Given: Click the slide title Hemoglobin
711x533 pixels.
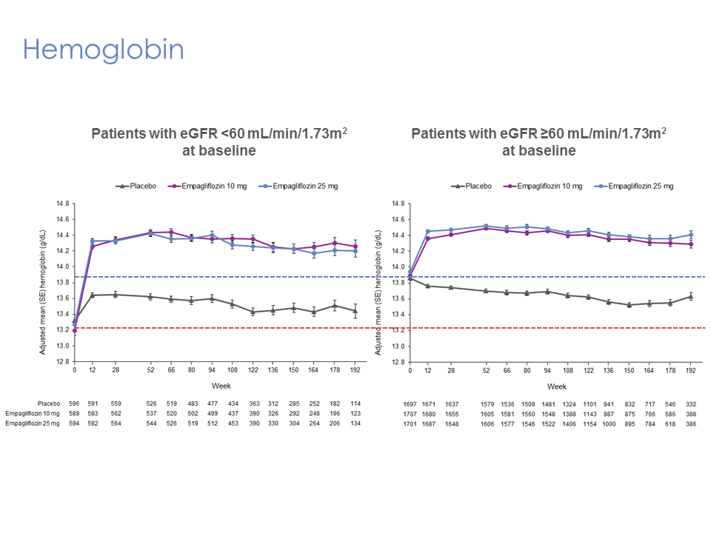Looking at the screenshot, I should [x=104, y=50].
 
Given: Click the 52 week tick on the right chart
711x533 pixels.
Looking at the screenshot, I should [x=487, y=370].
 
